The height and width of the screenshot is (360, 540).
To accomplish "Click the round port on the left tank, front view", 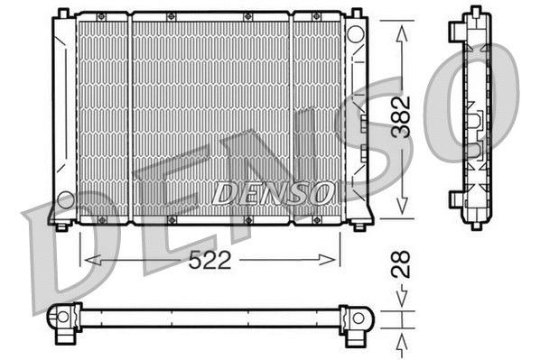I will tap(65, 198).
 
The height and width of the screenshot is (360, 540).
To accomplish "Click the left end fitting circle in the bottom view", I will tap(62, 318).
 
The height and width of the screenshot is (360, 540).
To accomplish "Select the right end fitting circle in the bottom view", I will tap(357, 318).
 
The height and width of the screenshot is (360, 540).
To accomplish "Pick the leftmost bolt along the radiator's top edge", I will tap(101, 17).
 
